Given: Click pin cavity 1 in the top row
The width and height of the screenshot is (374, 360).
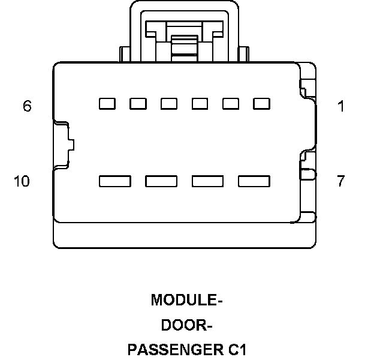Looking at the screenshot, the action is tap(261, 104).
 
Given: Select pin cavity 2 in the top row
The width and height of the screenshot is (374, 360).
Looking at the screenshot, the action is tap(231, 104).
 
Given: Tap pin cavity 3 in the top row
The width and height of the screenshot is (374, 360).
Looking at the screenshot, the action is tap(200, 104).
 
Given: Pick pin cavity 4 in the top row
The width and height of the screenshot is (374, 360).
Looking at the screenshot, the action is tap(169, 104).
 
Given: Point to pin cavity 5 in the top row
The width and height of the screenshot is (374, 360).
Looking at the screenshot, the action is tap(138, 104).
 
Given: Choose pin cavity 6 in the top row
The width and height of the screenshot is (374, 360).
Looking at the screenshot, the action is tap(107, 104).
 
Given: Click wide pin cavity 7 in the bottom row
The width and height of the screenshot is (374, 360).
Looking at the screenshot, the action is tap(254, 181).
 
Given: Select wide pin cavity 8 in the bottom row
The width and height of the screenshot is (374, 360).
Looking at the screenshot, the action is tap(208, 181).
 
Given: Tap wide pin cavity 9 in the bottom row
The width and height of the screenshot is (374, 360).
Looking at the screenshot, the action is tap(161, 181).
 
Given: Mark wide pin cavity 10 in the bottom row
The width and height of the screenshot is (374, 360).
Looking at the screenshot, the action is tap(115, 181).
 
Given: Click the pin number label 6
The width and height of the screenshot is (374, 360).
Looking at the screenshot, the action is tap(27, 106).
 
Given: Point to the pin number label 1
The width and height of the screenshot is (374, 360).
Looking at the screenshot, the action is tap(341, 106).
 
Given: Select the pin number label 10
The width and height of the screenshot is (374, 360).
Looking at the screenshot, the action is tap(22, 181).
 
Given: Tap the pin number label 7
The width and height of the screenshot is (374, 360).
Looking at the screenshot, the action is tap(341, 181).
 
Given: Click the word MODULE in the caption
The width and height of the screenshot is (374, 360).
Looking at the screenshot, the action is tap(185, 300).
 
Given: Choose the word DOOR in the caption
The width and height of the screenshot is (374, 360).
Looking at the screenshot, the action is tap(184, 325).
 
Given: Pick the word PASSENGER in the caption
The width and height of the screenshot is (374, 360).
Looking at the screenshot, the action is tap(176, 350).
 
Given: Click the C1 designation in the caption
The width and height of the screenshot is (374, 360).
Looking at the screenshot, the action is tap(237, 350).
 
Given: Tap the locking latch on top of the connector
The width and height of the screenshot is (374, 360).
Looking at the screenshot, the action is tap(184, 31).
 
